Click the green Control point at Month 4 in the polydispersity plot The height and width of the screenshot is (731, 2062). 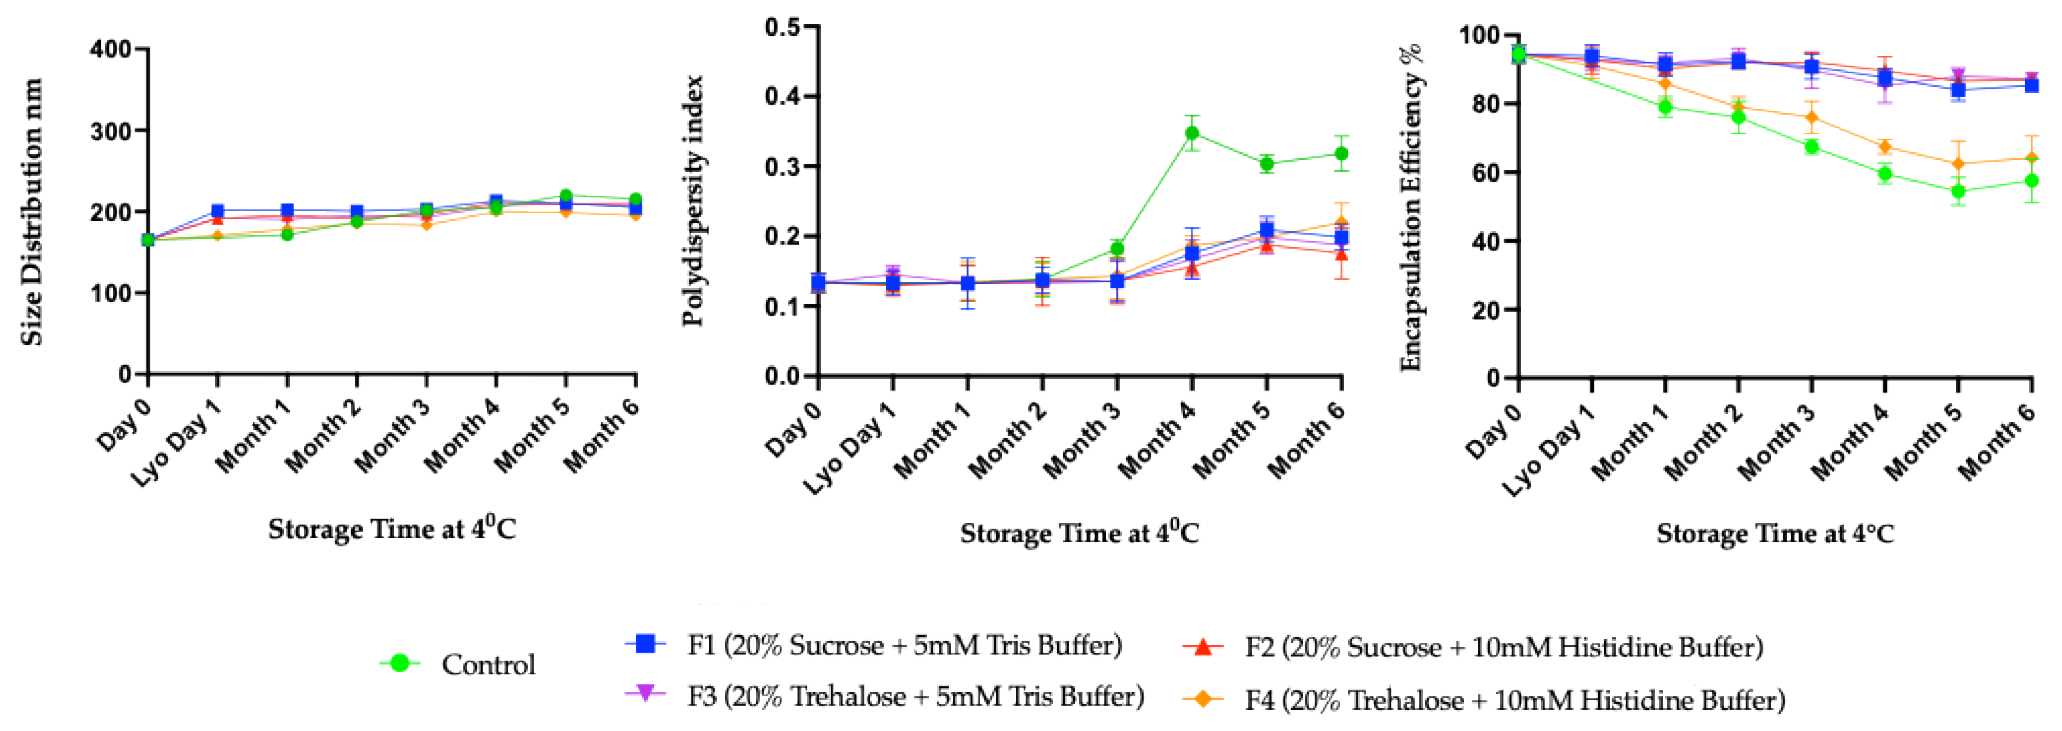(1192, 133)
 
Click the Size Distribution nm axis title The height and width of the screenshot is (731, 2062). (32, 212)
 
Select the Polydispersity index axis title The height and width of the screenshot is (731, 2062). (693, 200)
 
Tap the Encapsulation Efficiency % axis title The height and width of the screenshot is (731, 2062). (1411, 208)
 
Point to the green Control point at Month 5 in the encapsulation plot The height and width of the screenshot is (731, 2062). (1958, 191)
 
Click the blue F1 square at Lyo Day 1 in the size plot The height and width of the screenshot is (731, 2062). (217, 211)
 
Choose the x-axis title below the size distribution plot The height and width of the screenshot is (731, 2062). (392, 529)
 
